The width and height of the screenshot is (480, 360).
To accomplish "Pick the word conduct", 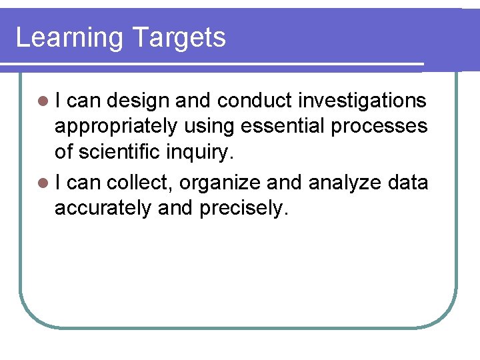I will (255, 101).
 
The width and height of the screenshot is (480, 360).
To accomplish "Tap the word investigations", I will (362, 101).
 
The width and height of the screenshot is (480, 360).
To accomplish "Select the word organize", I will (217, 183).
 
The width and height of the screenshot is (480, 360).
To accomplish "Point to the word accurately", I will (103, 209).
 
